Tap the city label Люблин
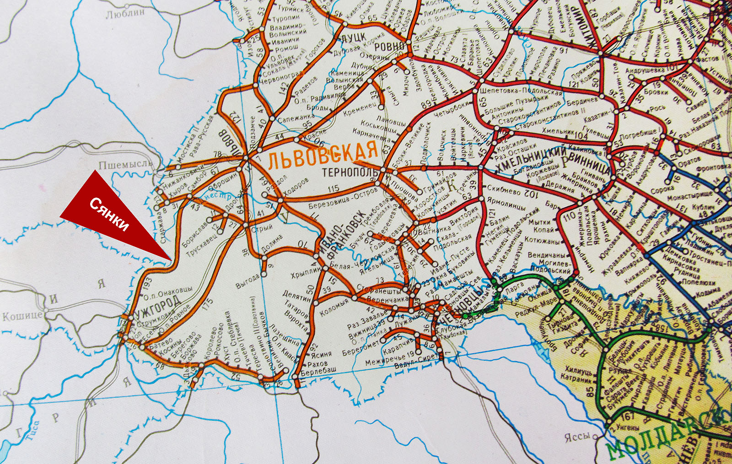[125, 14]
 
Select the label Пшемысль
[125, 164]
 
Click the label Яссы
[577, 437]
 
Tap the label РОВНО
[389, 46]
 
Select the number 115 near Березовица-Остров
[333, 188]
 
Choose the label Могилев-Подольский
[549, 267]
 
